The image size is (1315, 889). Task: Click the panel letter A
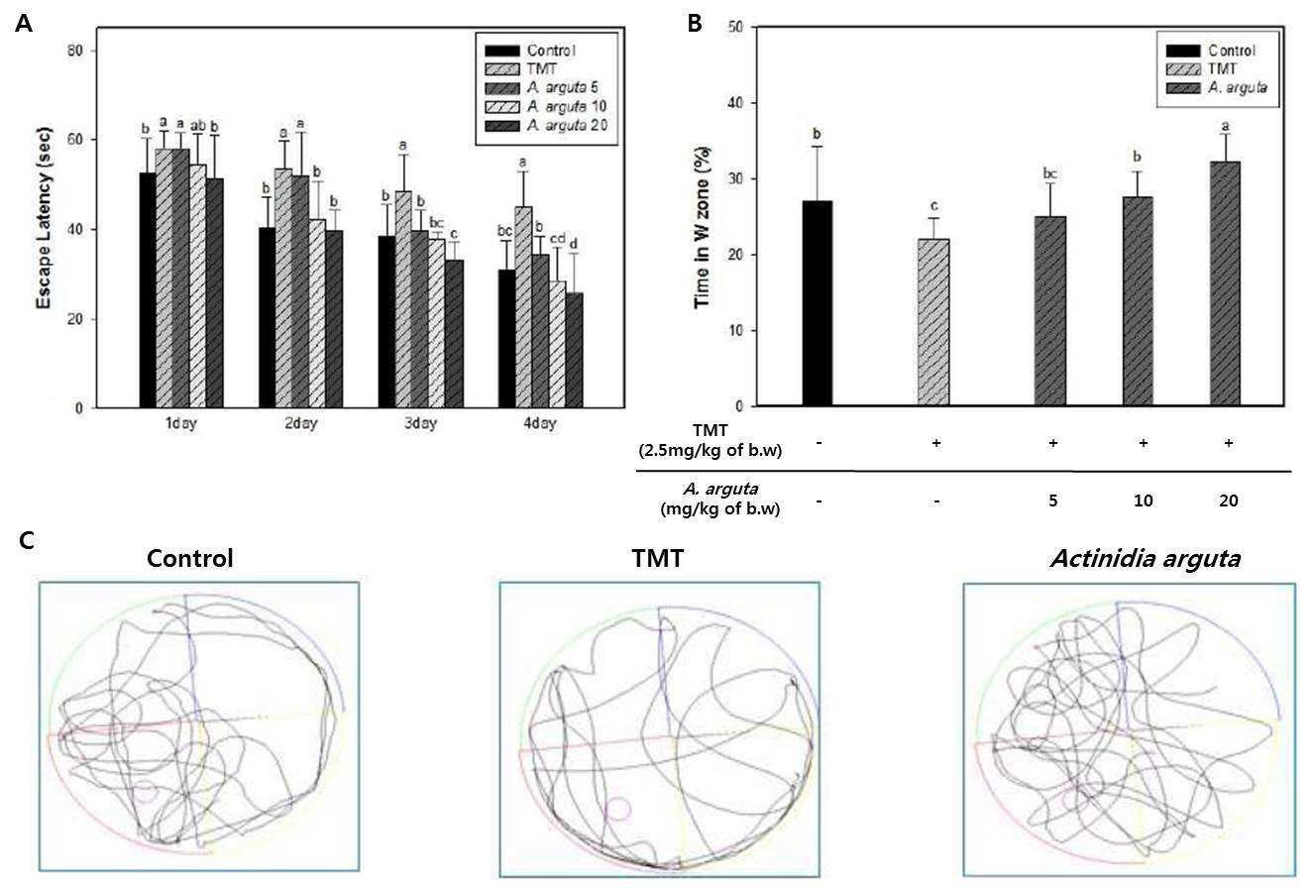pos(24,24)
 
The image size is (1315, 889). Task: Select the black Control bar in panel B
pos(818,303)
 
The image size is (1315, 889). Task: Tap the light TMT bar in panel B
pos(932,322)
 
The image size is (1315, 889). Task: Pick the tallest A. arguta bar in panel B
pos(1225,283)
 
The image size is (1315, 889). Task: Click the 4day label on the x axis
pos(539,423)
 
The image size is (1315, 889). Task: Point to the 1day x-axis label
pos(180,423)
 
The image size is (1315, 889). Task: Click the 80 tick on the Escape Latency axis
pos(75,52)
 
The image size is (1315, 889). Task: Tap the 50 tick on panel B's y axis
pos(734,27)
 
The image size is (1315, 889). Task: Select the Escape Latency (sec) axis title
pos(44,218)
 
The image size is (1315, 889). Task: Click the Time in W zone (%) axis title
pos(703,227)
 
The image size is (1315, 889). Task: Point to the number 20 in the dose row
pos(1229,500)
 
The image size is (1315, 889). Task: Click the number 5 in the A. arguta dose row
pos(1052,500)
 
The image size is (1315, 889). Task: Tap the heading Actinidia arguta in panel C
pos(1146,558)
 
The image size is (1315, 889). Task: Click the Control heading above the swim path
pos(189,558)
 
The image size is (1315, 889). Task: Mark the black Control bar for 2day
pos(267,318)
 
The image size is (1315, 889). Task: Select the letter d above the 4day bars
pos(574,244)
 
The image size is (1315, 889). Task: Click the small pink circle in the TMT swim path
pos(618,809)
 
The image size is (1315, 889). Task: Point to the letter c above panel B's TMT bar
pos(933,206)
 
